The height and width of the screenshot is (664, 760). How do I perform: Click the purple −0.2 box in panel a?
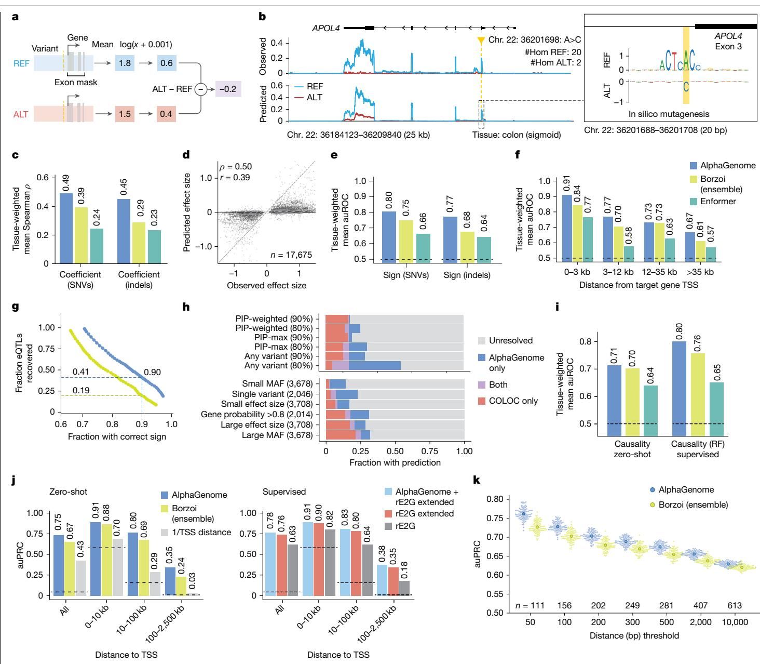[x=228, y=89]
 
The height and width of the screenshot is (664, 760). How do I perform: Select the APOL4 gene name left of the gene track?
[x=326, y=28]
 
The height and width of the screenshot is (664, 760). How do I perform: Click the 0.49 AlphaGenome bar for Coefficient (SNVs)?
[x=66, y=228]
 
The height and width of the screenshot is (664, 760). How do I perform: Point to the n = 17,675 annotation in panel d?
[x=291, y=255]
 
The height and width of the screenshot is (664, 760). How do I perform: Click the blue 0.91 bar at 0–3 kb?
[x=567, y=229]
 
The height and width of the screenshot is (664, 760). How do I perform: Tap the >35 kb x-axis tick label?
[x=700, y=272]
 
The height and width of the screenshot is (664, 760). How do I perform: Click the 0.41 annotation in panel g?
[x=80, y=371]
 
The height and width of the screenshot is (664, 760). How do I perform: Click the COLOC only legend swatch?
[x=482, y=401]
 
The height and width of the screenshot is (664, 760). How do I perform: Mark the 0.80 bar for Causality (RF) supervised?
[x=679, y=389]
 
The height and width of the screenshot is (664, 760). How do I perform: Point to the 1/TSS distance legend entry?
[x=196, y=533]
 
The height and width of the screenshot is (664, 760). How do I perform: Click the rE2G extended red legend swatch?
[x=388, y=514]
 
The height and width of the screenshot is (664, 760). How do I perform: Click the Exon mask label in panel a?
[x=76, y=83]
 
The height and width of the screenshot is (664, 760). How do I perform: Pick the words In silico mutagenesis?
[x=669, y=114]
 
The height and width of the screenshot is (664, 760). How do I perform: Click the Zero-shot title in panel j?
[x=69, y=492]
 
